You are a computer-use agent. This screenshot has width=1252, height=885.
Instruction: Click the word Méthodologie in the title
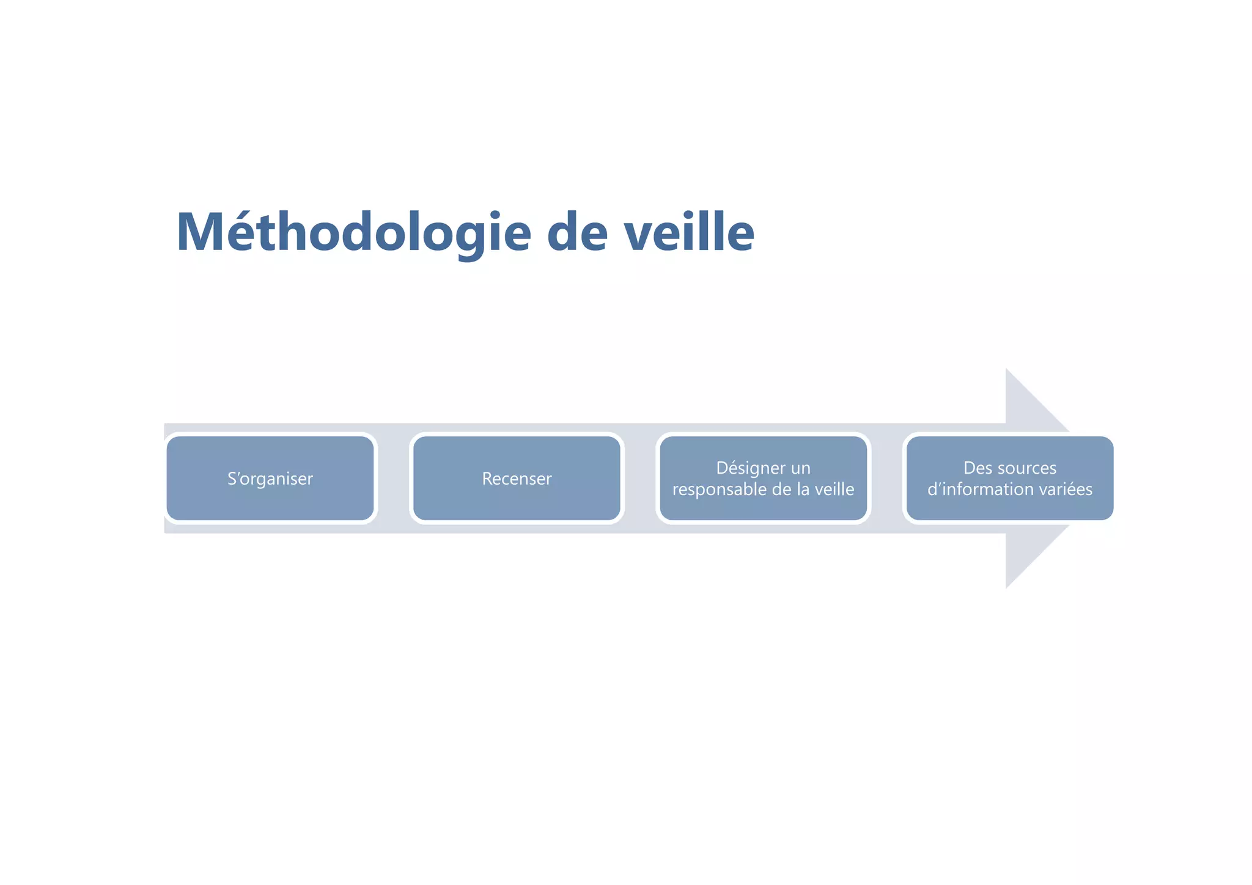tap(353, 233)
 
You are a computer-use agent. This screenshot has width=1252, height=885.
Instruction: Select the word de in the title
tap(576, 233)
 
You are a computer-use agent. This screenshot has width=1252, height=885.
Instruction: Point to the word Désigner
tap(745, 468)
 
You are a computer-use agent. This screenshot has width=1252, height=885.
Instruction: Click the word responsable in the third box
tap(713, 490)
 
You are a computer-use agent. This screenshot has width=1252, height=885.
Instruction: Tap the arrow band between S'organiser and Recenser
tap(393, 479)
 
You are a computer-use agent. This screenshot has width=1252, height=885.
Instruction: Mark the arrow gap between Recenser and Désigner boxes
tap(639, 479)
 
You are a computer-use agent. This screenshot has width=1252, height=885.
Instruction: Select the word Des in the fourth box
tap(976, 468)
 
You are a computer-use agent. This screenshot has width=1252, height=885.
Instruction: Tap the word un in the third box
tap(800, 468)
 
